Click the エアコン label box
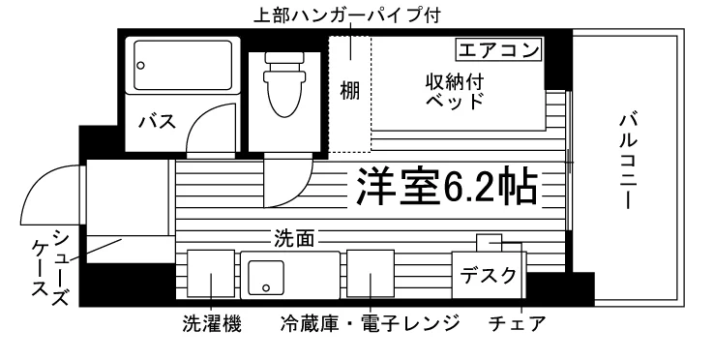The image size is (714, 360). point(499,50)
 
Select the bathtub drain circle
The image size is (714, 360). point(140,66)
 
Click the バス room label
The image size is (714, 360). point(157,122)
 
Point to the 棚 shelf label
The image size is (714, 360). point(349,90)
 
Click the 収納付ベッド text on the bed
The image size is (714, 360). point(455,92)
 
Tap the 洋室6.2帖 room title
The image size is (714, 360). point(447,187)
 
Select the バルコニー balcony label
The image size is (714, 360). point(628,162)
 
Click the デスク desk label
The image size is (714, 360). point(489,276)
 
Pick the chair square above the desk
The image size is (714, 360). point(489,243)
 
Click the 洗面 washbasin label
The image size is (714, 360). point(294,238)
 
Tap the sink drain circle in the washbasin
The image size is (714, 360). point(266,287)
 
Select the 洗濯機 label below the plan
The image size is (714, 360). point(212,324)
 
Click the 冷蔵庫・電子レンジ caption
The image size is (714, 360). point(370,324)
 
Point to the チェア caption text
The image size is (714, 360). point(518,324)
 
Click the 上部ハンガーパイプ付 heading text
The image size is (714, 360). point(347,15)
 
